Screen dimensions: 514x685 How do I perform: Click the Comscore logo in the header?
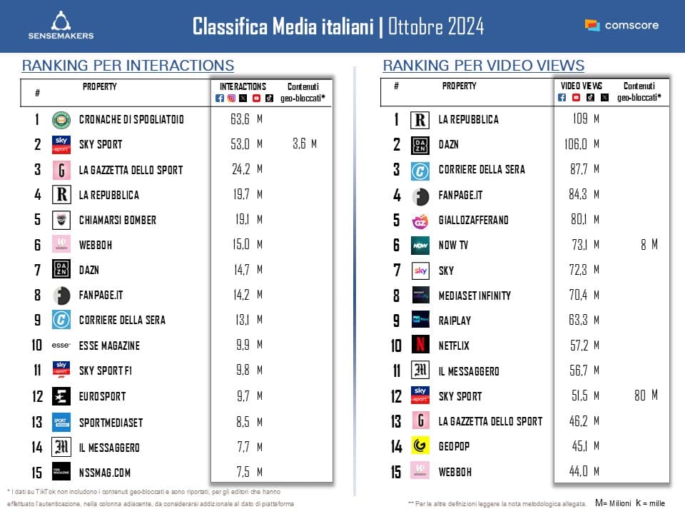click(621, 25)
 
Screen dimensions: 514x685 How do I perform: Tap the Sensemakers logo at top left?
click(61, 25)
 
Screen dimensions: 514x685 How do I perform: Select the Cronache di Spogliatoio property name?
click(131, 119)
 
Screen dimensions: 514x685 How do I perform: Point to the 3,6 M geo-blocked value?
click(303, 144)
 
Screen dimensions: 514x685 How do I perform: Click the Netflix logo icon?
click(420, 346)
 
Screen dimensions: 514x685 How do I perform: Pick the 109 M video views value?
click(586, 119)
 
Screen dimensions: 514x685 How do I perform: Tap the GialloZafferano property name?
click(473, 220)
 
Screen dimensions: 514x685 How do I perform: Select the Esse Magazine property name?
click(109, 346)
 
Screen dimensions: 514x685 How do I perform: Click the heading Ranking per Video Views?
click(484, 66)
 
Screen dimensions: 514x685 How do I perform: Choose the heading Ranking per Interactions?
click(128, 66)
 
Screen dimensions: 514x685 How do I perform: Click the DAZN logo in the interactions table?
click(61, 270)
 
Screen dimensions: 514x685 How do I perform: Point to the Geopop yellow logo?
click(420, 446)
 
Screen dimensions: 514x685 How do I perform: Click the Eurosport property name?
click(102, 396)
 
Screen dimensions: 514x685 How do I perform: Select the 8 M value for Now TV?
click(649, 245)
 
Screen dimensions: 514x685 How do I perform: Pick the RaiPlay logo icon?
click(420, 321)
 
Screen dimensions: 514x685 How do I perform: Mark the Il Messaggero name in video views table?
click(469, 371)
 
